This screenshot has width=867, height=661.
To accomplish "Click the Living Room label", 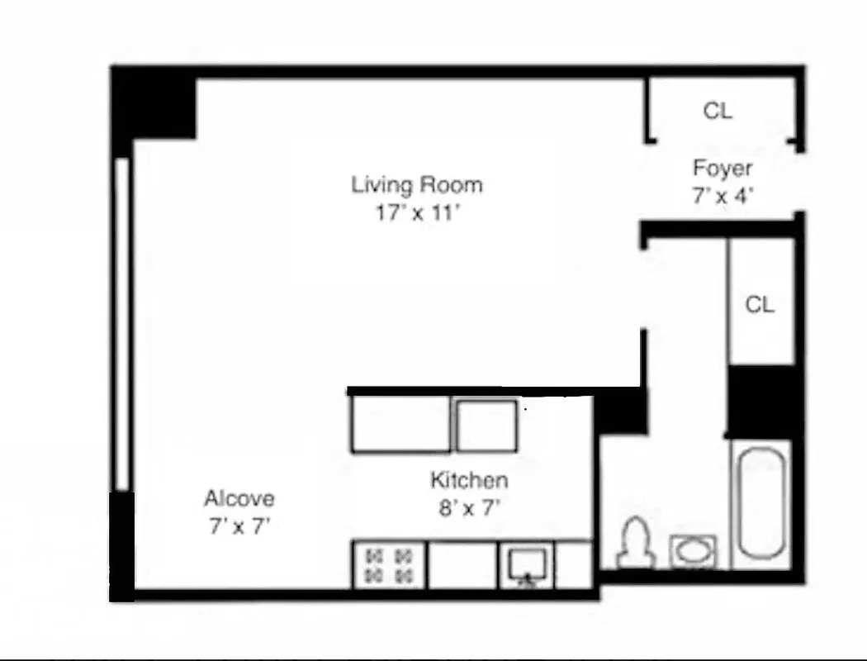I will coord(416,184).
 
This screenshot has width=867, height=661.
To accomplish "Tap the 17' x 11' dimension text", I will coord(416,213).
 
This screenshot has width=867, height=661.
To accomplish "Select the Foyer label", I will coord(722,169).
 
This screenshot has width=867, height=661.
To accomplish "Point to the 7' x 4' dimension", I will coord(722,197).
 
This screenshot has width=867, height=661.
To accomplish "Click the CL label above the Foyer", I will coord(718,111).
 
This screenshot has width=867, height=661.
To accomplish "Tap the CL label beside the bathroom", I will coord(760,305).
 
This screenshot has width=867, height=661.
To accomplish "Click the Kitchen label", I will coord(468,480).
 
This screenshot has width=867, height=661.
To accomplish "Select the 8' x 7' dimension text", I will coord(468,508).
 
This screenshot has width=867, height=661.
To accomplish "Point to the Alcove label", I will coord(239,499).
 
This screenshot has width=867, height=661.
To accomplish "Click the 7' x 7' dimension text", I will coord(239,526).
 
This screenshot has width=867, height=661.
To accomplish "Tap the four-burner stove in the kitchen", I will coord(389,565).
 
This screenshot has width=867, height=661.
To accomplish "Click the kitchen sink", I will coord(526,565).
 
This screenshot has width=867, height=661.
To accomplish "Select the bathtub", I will coord(760,504).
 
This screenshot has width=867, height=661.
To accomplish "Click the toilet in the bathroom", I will coord(636,543).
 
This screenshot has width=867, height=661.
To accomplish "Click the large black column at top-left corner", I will coord(154,104).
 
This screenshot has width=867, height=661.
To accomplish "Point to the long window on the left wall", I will coord(122,322).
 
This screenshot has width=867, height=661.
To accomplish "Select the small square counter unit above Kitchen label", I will coord(486,425).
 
